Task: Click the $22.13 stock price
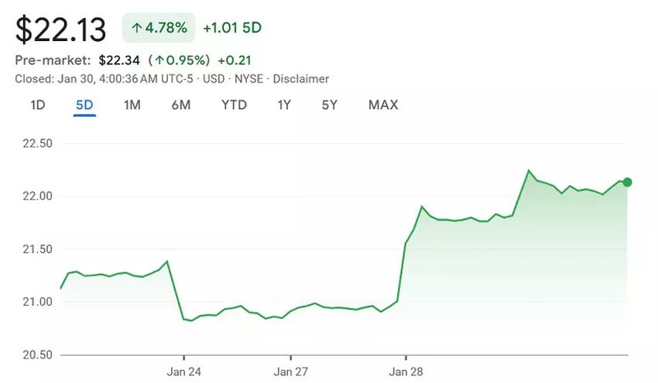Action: click(x=60, y=29)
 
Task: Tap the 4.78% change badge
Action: click(x=158, y=29)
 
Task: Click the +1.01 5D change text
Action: click(x=232, y=29)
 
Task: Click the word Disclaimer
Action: click(x=301, y=79)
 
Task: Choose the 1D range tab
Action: click(x=37, y=104)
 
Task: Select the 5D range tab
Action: click(x=84, y=104)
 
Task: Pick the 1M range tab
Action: click(x=132, y=104)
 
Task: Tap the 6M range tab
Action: click(x=180, y=104)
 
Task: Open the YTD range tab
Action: click(x=234, y=104)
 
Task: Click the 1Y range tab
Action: click(x=284, y=104)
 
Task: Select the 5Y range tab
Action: click(x=330, y=104)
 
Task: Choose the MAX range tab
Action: click(x=383, y=104)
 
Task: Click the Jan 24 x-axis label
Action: click(x=183, y=371)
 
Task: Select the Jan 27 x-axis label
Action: click(x=290, y=371)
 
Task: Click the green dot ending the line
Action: click(x=627, y=183)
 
